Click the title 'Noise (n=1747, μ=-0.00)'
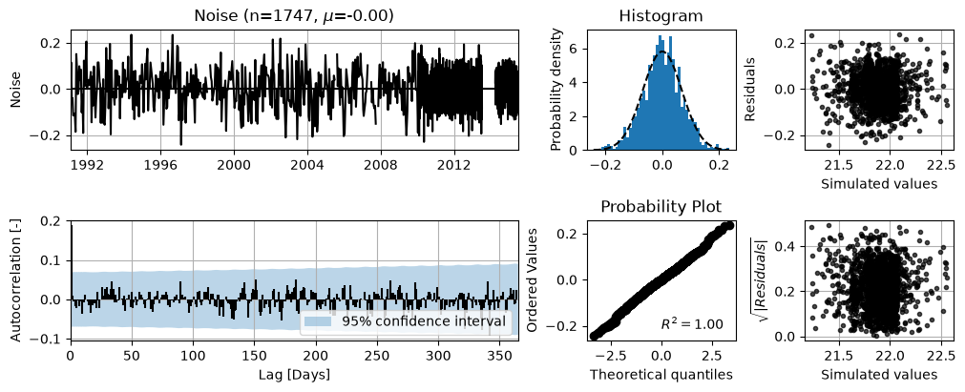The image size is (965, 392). pyautogui.click(x=294, y=15)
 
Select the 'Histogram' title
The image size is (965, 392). pyautogui.click(x=661, y=15)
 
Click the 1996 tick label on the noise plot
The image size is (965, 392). pyautogui.click(x=160, y=166)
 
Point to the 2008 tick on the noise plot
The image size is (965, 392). pyautogui.click(x=380, y=166)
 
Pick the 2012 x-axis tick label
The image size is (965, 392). pyautogui.click(x=454, y=166)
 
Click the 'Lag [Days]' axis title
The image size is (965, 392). pyautogui.click(x=294, y=374)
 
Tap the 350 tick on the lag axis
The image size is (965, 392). pyautogui.click(x=498, y=357)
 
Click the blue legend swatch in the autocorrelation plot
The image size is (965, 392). pyautogui.click(x=320, y=320)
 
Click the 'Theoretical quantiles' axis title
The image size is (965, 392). pyautogui.click(x=661, y=374)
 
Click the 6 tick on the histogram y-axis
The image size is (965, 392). pyautogui.click(x=573, y=50)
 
